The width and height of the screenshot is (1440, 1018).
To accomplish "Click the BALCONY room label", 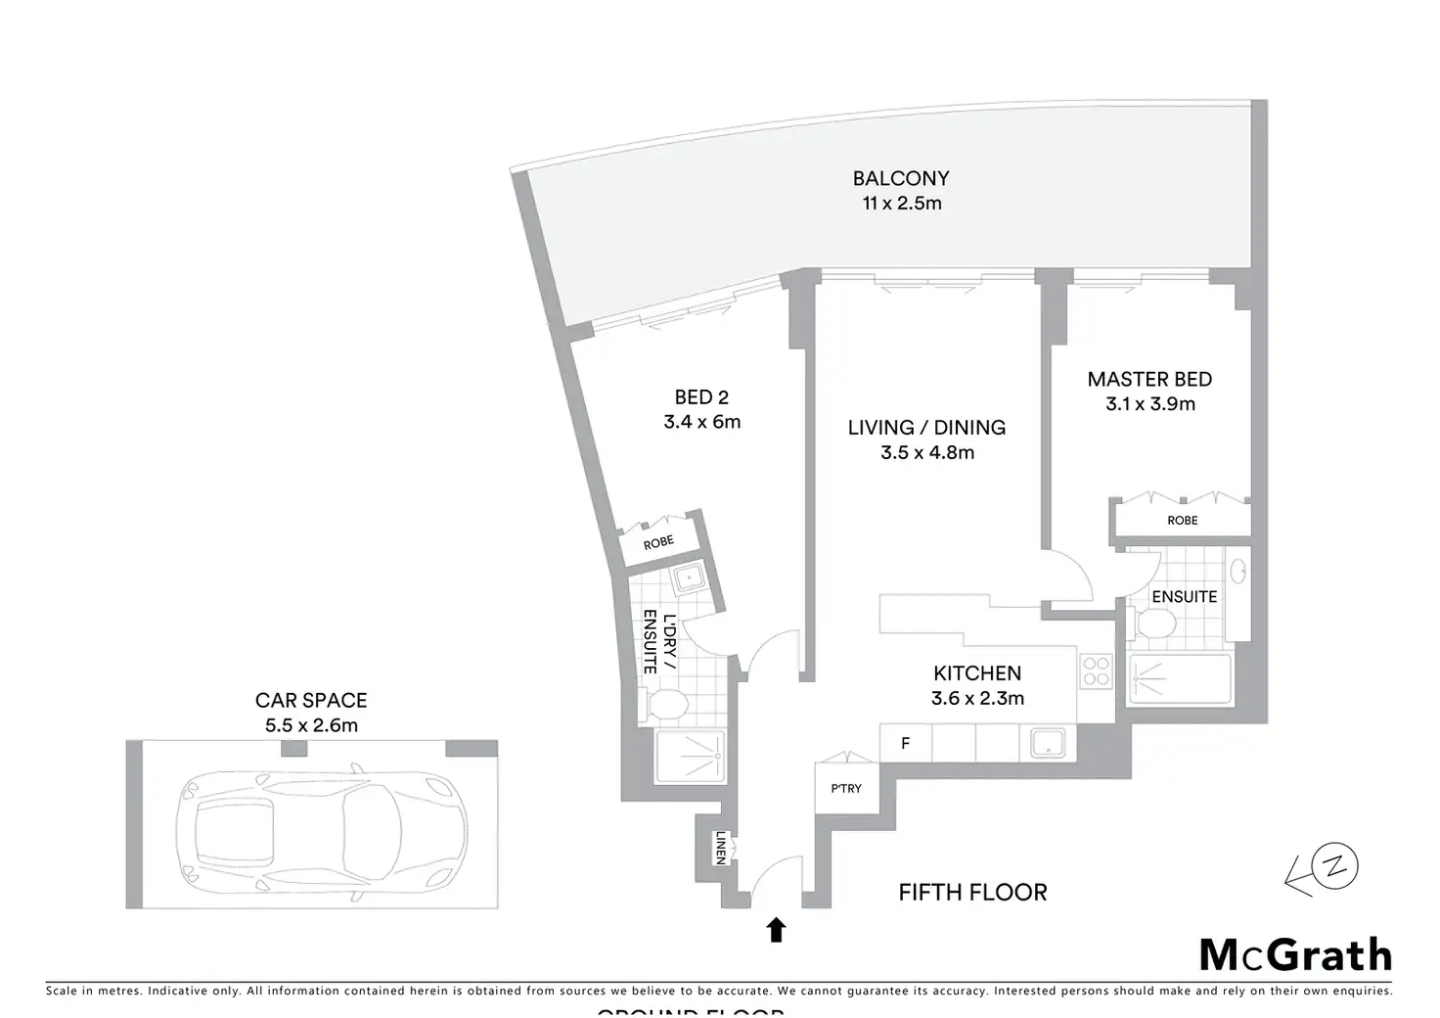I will [900, 178].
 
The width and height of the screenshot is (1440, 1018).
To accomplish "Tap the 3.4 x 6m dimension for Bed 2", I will [701, 422].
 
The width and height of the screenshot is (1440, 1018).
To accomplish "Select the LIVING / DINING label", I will [926, 428].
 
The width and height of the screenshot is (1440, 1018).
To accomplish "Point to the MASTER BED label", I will [1149, 379].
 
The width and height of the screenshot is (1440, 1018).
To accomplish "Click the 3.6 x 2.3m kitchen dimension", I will [977, 698].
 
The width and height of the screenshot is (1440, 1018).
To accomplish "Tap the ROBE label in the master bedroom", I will [1182, 520].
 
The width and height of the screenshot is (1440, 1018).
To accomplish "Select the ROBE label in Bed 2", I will [658, 542].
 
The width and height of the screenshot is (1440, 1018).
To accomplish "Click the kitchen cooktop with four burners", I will [1096, 671].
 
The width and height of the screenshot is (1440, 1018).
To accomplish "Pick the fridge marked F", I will [905, 744].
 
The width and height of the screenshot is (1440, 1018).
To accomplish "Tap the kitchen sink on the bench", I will [1047, 743].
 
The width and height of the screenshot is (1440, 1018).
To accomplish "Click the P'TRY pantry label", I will [846, 788].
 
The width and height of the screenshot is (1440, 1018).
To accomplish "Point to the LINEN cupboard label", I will [720, 847].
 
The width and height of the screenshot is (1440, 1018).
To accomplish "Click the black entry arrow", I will [776, 929].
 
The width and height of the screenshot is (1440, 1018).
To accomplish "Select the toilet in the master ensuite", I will [1157, 623].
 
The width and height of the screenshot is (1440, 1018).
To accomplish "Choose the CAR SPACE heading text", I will [311, 700].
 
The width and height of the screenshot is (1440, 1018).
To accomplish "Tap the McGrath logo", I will [1294, 954].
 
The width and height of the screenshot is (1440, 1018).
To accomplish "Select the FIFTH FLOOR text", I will [972, 892].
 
